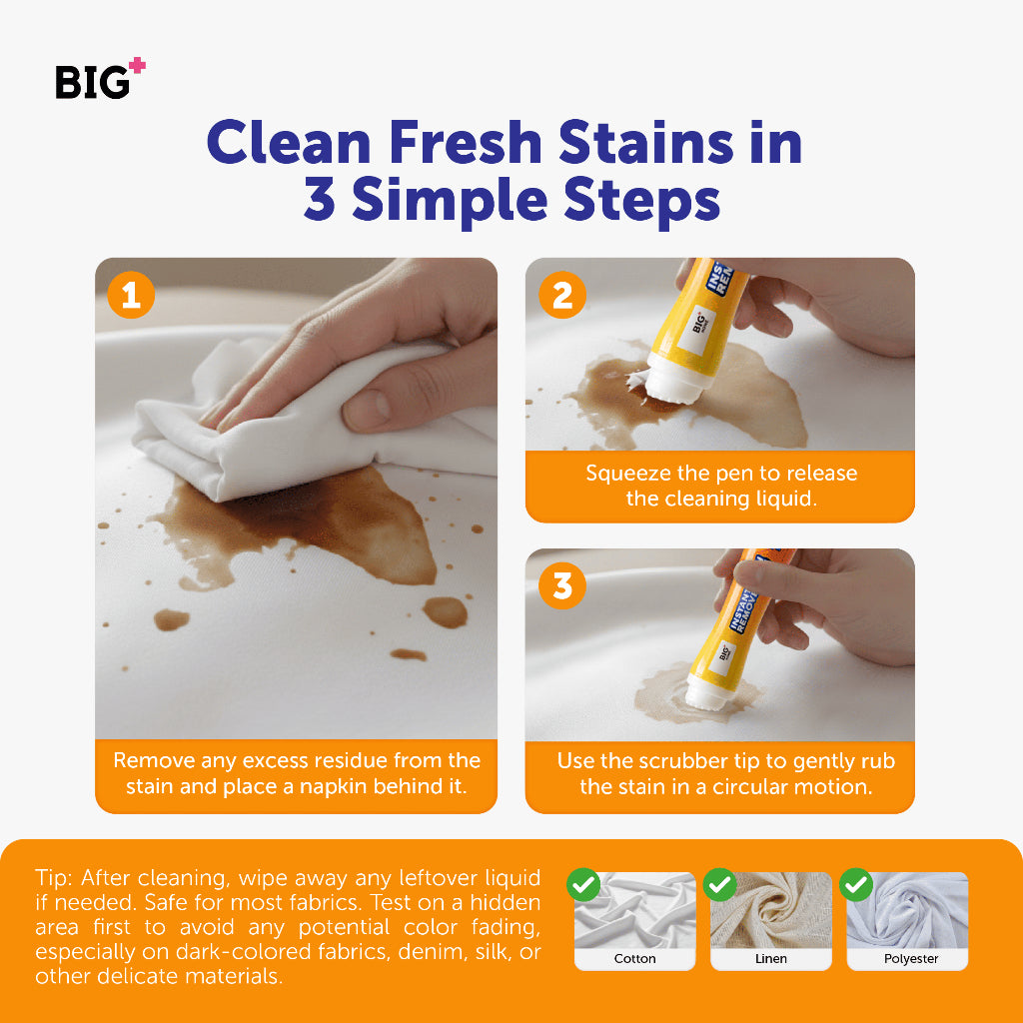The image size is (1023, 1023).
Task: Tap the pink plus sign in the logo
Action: [x=137, y=65]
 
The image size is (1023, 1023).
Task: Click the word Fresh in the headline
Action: [x=466, y=142]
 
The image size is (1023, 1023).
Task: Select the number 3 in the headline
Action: [x=320, y=199]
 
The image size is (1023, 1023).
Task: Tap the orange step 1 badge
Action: [x=131, y=295]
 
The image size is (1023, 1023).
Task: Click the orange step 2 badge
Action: [x=562, y=295]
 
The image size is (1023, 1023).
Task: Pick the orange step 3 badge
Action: [x=562, y=585]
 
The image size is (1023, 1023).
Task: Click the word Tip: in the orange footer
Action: [x=54, y=878]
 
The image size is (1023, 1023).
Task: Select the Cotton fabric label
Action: [x=634, y=958]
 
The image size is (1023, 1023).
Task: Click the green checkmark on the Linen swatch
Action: [x=720, y=885]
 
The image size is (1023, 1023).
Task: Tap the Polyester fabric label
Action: [x=911, y=958]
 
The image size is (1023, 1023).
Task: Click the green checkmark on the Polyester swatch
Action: [x=856, y=885]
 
